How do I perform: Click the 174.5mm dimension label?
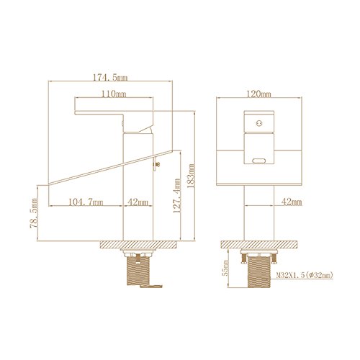110,78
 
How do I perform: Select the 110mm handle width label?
114,94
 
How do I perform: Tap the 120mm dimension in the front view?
259,94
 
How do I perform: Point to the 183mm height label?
191,176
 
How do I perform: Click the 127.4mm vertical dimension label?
176,196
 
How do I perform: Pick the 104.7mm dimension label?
86,202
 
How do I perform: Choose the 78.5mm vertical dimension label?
34,213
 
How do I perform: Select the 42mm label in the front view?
292,202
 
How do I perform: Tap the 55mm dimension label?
225,268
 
